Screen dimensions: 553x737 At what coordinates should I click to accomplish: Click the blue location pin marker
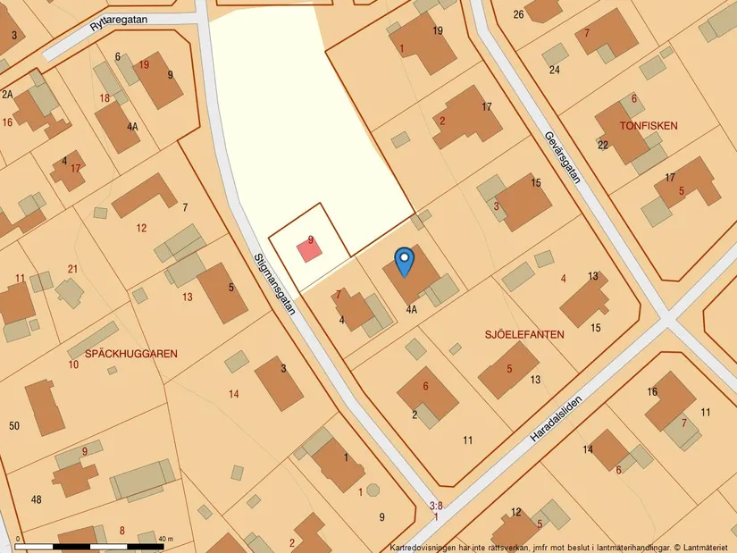tap(404, 260)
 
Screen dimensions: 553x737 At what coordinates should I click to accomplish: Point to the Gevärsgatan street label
tap(562, 157)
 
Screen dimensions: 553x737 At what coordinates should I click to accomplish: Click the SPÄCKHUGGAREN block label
tap(130, 354)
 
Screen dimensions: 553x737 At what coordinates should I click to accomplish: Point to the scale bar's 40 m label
tap(165, 539)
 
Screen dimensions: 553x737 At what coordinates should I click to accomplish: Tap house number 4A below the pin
tap(411, 311)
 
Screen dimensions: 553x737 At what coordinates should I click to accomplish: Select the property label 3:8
tap(436, 506)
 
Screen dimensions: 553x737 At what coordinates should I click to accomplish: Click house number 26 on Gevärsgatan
tap(518, 14)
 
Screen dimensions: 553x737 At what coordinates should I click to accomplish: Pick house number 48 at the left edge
tap(36, 499)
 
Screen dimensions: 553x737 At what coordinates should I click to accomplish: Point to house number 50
tap(14, 425)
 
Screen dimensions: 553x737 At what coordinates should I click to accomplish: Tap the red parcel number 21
tap(72, 269)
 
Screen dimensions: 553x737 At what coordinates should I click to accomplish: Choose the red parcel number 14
tap(234, 394)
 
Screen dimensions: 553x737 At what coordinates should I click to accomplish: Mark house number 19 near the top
tap(437, 31)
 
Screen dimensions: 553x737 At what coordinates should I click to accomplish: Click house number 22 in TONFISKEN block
tap(603, 145)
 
